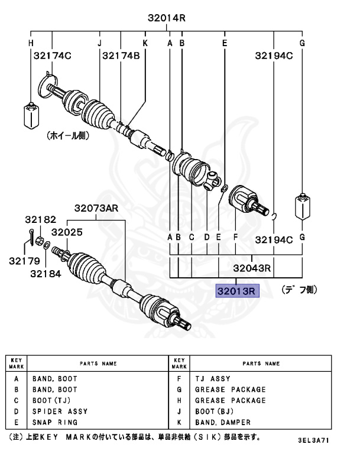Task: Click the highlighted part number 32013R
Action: pos(236,291)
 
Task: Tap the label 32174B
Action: pos(121,56)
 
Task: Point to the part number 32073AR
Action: pos(96,208)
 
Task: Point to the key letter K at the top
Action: pos(145,43)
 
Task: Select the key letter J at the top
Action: pos(99,43)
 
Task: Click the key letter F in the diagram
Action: pos(235,237)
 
